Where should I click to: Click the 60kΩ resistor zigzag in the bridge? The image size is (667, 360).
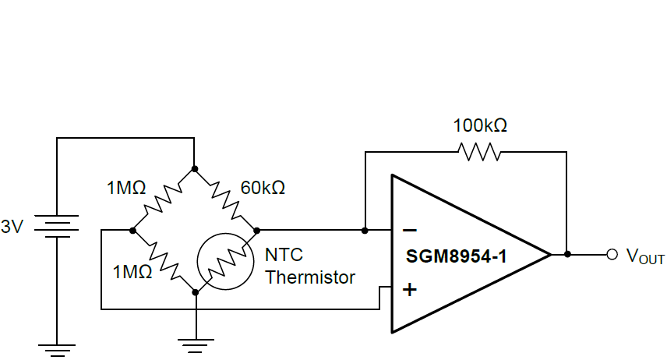click(x=226, y=199)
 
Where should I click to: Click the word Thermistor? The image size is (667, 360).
click(x=310, y=277)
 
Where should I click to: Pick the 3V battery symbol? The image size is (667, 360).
click(x=57, y=227)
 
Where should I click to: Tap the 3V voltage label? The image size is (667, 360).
click(x=13, y=228)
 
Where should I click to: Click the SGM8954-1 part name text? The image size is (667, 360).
click(x=457, y=256)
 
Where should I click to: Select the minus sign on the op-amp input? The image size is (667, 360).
click(x=409, y=231)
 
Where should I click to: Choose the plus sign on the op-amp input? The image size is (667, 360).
click(x=409, y=290)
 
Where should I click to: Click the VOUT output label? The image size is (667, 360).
click(x=646, y=256)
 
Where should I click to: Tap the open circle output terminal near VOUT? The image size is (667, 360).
click(x=612, y=254)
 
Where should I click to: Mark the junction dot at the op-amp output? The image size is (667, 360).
click(x=567, y=254)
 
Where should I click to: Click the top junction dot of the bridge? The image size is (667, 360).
click(x=195, y=168)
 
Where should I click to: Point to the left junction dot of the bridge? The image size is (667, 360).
click(x=132, y=231)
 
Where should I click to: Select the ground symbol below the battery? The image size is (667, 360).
click(x=57, y=348)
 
